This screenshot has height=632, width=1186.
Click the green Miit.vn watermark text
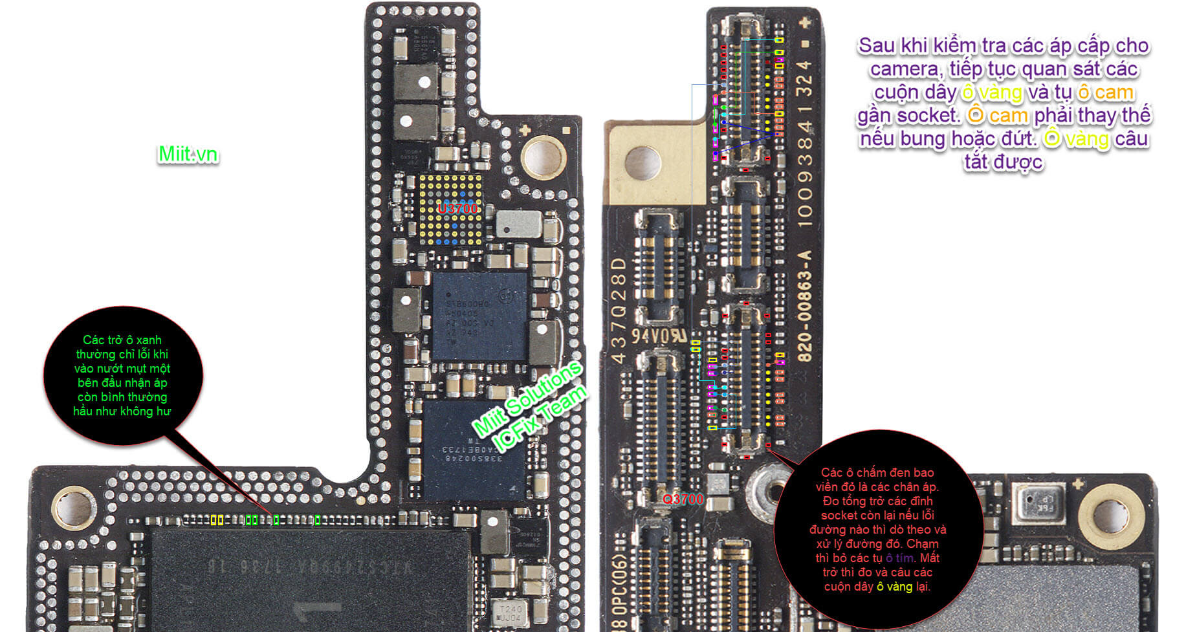pos(188,154)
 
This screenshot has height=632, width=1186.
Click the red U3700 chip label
pos(457,208)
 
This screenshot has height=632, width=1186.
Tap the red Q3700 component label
pos(683,499)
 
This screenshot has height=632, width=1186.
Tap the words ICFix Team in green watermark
pos(540,419)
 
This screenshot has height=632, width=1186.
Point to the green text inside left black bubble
pos(122,375)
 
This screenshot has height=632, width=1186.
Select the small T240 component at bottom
pos(510,613)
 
